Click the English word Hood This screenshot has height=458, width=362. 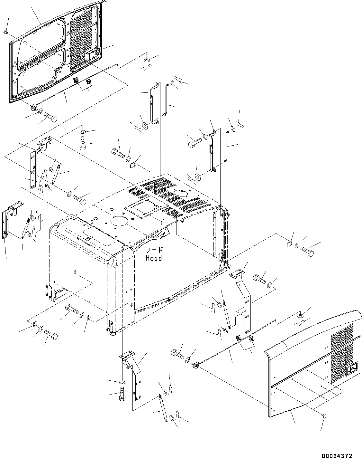(x=154, y=258)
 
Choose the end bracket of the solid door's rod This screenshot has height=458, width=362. (x=195, y=365)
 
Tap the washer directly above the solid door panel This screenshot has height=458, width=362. (x=300, y=316)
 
